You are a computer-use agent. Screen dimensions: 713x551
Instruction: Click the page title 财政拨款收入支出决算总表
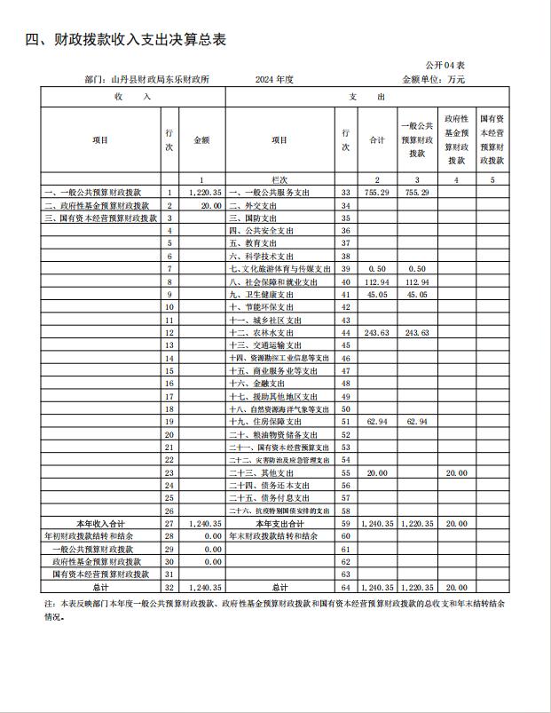click(x=133, y=40)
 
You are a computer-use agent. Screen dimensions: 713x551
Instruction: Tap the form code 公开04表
click(x=445, y=66)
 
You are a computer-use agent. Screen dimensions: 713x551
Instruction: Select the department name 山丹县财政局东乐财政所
click(x=160, y=79)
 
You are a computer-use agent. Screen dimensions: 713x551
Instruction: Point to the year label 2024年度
click(x=274, y=79)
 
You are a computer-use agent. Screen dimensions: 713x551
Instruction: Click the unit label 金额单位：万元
click(x=433, y=79)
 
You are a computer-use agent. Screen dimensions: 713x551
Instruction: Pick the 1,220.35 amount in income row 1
click(x=204, y=193)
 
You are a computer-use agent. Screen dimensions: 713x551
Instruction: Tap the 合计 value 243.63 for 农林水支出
click(x=378, y=332)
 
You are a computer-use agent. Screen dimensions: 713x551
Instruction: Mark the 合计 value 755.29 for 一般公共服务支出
click(x=378, y=193)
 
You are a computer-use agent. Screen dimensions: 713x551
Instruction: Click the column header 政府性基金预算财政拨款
click(x=456, y=139)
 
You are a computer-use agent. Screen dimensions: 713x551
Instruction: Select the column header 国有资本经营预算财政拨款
click(x=493, y=139)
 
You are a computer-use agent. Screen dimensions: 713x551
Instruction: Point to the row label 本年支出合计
click(x=279, y=524)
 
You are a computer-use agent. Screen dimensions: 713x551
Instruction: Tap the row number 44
click(x=346, y=332)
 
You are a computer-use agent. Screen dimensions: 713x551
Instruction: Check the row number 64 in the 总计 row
click(x=346, y=588)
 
